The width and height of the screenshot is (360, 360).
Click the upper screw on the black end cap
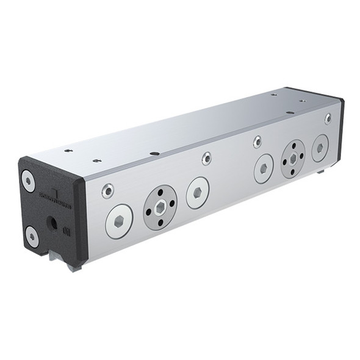[x=28, y=181]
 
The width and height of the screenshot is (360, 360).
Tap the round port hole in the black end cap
[x=52, y=223]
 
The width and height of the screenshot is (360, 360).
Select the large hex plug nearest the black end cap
[x=119, y=221]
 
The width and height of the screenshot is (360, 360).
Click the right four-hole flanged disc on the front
[x=293, y=159]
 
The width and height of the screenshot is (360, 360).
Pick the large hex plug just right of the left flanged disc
[x=198, y=193]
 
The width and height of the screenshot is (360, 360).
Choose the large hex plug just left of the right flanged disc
[x=264, y=168]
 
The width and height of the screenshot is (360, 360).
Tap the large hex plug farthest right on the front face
[x=320, y=148]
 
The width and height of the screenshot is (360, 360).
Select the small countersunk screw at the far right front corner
[x=328, y=118]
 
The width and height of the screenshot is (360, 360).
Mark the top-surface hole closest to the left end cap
[x=68, y=150]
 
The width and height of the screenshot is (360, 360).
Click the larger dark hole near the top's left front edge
[x=154, y=153]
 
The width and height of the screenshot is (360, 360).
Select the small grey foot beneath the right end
[x=320, y=172]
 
